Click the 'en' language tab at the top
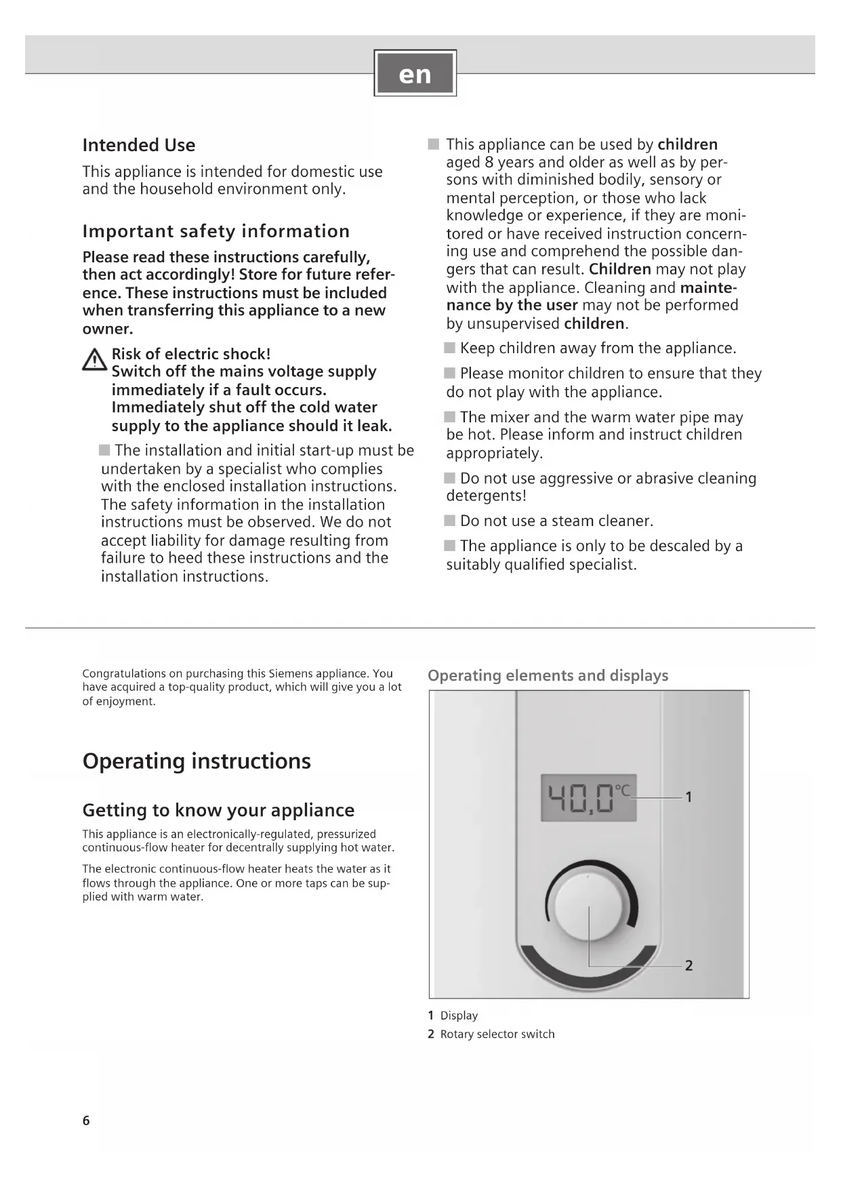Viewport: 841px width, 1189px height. click(415, 73)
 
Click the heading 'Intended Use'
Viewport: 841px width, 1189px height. click(138, 145)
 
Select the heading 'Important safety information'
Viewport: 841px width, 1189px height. click(216, 231)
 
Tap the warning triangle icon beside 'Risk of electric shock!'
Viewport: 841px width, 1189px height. click(94, 360)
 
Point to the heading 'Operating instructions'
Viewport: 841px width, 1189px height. click(197, 761)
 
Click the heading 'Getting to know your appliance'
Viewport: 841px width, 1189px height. click(218, 810)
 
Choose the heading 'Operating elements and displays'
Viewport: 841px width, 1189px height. click(548, 675)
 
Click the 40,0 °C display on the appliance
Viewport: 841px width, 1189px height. click(588, 798)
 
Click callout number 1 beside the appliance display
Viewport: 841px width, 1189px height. click(689, 797)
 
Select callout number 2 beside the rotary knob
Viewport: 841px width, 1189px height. click(689, 965)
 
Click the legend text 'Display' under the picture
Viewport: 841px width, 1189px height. click(459, 1015)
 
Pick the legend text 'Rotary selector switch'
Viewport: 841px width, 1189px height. click(497, 1034)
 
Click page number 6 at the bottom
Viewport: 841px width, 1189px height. click(86, 1121)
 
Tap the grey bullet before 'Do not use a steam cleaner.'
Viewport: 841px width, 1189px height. click(450, 521)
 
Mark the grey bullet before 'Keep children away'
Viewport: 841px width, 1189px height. click(450, 348)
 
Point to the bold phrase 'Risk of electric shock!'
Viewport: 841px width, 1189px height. click(190, 354)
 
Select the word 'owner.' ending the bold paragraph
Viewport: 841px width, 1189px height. click(108, 329)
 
